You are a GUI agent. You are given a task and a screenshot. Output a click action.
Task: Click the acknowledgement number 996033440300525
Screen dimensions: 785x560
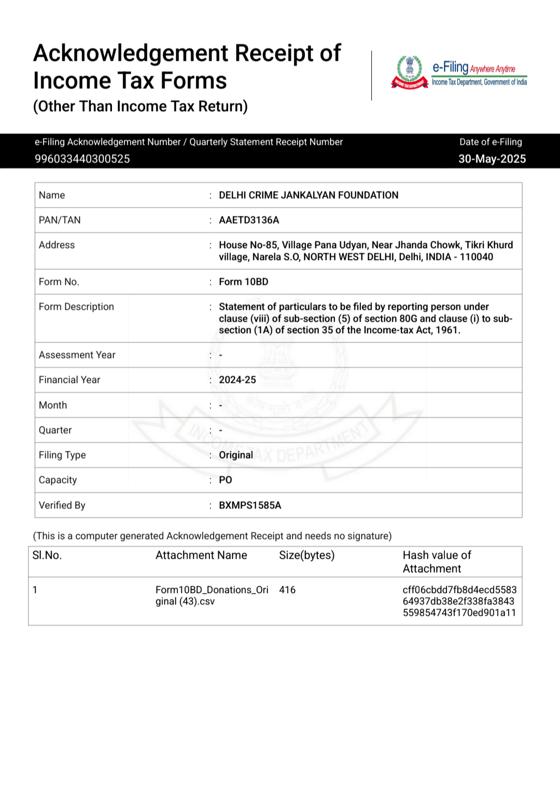click(x=82, y=159)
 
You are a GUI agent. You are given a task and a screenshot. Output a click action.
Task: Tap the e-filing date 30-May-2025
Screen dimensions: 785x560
click(x=492, y=159)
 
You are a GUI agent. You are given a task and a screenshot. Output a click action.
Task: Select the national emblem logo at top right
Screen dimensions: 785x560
click(x=410, y=72)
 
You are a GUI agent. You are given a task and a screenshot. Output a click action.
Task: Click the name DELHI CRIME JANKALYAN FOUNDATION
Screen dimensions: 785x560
click(x=309, y=195)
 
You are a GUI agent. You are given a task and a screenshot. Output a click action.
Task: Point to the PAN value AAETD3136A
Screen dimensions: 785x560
click(x=249, y=220)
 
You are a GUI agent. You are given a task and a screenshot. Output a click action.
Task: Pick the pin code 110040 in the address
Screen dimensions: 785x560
click(x=477, y=257)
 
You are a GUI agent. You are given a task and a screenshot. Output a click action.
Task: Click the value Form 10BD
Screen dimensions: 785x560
click(x=243, y=282)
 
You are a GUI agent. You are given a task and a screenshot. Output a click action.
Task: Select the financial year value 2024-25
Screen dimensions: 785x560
click(x=237, y=380)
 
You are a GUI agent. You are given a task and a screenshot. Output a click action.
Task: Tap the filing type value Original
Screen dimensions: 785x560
click(x=236, y=455)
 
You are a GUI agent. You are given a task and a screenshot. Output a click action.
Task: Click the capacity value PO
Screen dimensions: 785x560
click(x=225, y=480)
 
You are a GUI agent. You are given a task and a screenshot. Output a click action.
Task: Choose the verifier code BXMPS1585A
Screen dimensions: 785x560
click(x=250, y=505)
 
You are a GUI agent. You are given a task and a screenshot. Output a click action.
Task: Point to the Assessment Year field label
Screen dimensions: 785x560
click(x=77, y=355)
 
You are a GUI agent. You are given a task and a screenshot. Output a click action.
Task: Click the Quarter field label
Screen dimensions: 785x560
click(x=55, y=430)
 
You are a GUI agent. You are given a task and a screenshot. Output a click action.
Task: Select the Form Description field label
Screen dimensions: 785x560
click(x=76, y=307)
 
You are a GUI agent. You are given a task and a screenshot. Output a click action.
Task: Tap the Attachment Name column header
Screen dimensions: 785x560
click(x=201, y=555)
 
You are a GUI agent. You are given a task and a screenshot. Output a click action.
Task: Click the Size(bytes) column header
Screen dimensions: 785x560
click(x=306, y=555)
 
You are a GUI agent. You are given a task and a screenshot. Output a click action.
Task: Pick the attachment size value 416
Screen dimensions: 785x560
click(x=287, y=590)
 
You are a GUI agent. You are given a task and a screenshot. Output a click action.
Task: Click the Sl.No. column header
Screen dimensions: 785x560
click(x=47, y=555)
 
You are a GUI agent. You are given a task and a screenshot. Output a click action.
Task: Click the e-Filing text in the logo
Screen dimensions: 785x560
click(x=450, y=67)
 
